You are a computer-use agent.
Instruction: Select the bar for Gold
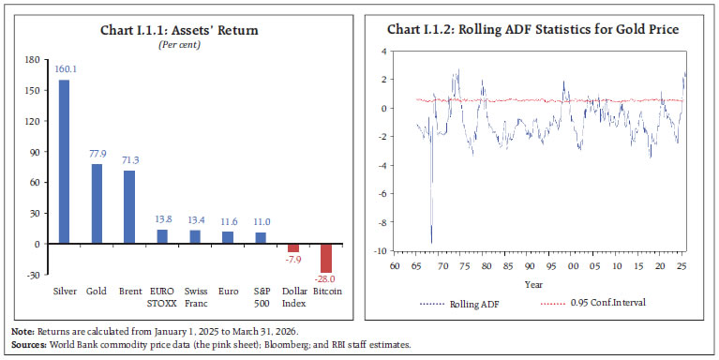(x=97, y=203)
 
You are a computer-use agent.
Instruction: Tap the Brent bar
(x=129, y=207)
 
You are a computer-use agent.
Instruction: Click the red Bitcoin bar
(x=325, y=258)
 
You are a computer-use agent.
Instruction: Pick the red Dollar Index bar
(x=292, y=247)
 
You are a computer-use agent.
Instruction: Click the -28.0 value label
(x=325, y=278)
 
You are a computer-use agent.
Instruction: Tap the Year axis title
(x=533, y=284)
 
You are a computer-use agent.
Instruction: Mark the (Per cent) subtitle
(x=182, y=43)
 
